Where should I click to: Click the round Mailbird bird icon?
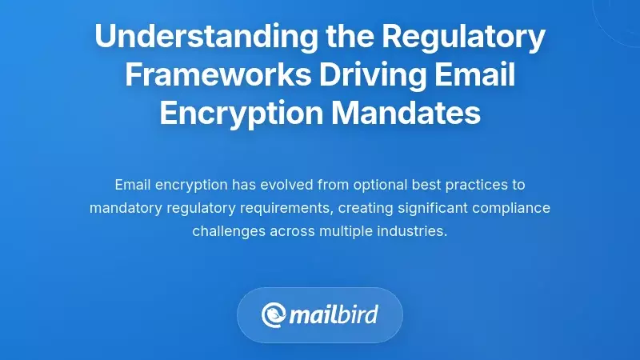click(274, 314)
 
